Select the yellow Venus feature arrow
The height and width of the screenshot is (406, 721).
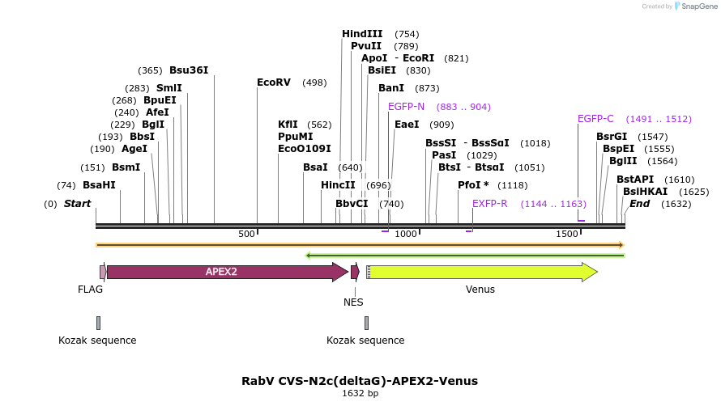pyautogui.click(x=482, y=272)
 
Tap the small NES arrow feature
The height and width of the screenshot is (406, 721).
pyautogui.click(x=355, y=272)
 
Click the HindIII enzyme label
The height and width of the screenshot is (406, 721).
pyautogui.click(x=362, y=34)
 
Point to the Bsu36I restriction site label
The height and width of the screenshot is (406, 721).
pyautogui.click(x=189, y=70)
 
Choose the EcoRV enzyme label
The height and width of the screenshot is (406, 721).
pyautogui.click(x=273, y=82)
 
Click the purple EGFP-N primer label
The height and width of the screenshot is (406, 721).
pyautogui.click(x=406, y=107)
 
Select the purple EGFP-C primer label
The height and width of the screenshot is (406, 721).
pyautogui.click(x=595, y=119)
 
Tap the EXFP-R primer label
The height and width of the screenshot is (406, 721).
pyautogui.click(x=489, y=204)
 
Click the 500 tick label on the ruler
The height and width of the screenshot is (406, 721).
pyautogui.click(x=246, y=234)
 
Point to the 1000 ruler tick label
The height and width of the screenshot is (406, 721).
pyautogui.click(x=406, y=234)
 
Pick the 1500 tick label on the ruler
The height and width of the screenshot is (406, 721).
pyautogui.click(x=566, y=234)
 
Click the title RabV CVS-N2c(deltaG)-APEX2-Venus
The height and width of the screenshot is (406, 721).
pyautogui.click(x=360, y=380)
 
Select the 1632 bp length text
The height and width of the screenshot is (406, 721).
pyautogui.click(x=360, y=394)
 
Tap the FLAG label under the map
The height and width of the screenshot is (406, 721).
pyautogui.click(x=91, y=290)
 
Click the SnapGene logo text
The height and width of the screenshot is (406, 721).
pyautogui.click(x=699, y=6)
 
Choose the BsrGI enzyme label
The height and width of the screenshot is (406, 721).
pyautogui.click(x=612, y=137)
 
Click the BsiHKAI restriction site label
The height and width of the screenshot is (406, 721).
pyautogui.click(x=646, y=192)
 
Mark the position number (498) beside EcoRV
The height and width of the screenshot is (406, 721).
pyautogui.click(x=314, y=82)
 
